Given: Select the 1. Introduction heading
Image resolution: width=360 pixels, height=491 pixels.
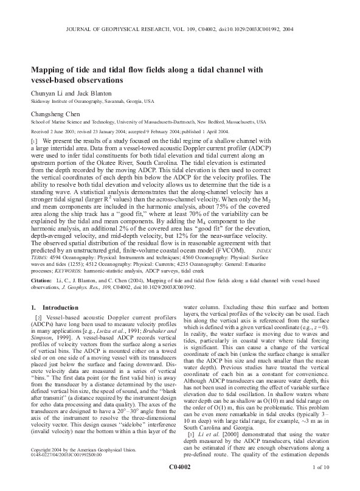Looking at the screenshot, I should pyautogui.click(x=54, y=308).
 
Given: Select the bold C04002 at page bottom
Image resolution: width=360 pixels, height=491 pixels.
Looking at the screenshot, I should pyautogui.click(x=179, y=483).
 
